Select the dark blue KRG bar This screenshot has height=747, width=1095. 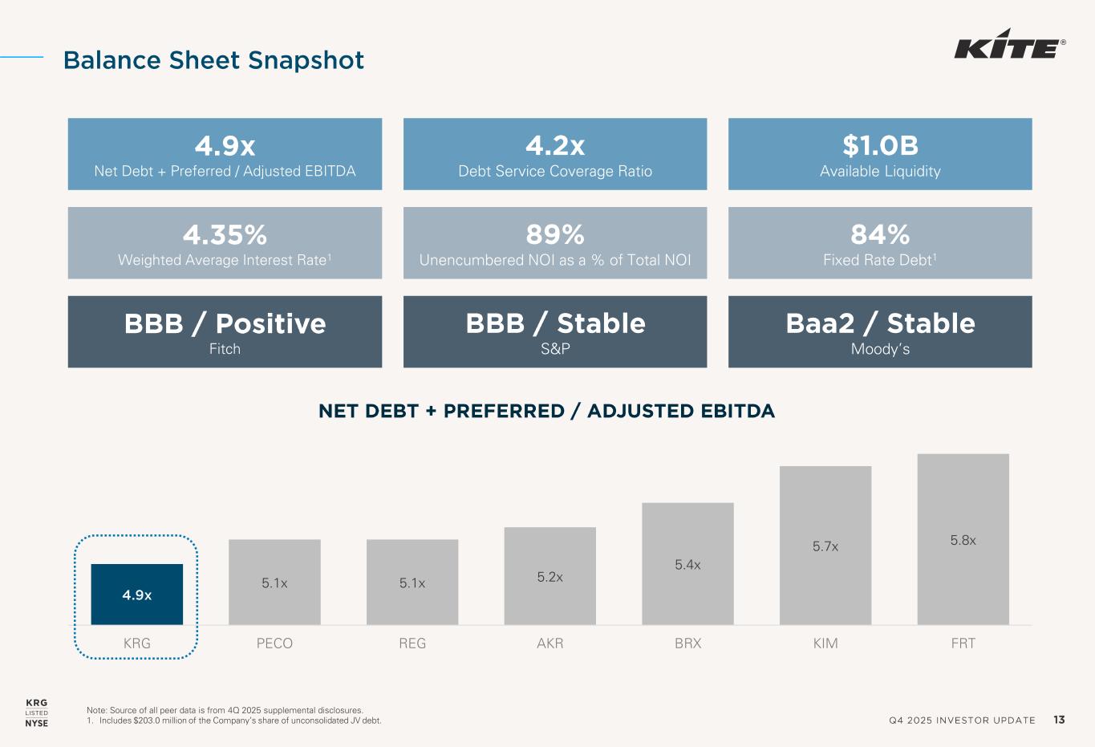[137, 594]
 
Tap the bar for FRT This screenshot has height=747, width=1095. [963, 539]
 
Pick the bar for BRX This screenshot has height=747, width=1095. [687, 563]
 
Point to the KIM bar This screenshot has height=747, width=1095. [825, 546]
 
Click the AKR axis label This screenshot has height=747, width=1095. [550, 643]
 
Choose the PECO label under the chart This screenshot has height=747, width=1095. [274, 643]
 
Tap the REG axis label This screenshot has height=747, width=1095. [412, 643]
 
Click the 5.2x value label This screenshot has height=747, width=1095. [550, 577]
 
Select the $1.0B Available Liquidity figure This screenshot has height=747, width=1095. [880, 145]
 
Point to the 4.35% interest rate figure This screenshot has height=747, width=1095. [225, 234]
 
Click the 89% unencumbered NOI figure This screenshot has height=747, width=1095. [555, 234]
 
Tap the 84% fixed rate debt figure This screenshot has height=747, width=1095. [880, 234]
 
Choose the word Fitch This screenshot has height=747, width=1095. [225, 349]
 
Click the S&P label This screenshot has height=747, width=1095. [555, 349]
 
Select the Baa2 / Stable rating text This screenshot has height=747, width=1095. [880, 323]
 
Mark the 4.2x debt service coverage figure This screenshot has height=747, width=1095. [555, 145]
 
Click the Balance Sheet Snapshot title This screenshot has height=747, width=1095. [213, 60]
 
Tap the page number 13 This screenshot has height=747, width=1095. [1059, 720]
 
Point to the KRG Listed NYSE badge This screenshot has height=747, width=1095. [37, 713]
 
